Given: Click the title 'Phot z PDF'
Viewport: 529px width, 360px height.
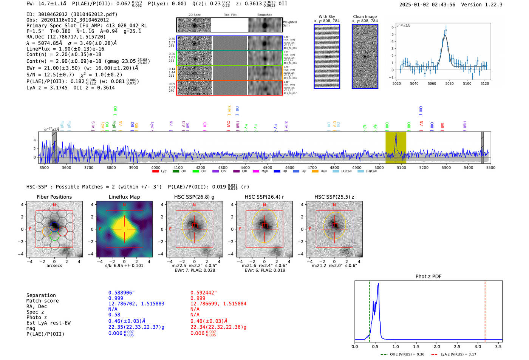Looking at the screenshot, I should (428, 277).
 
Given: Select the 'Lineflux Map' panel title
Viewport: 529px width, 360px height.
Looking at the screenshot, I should (124, 197).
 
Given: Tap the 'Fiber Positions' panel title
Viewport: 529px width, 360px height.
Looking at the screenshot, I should (54, 197).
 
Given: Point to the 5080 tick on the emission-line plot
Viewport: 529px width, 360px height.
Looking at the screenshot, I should (449, 83).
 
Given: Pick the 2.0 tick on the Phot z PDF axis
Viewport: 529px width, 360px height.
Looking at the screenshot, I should (437, 346).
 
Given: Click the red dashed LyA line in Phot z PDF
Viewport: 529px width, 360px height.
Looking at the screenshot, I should (485, 310).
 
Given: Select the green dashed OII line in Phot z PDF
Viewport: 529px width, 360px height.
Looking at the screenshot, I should (370, 310).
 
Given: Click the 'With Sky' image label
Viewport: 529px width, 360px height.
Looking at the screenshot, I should (327, 17).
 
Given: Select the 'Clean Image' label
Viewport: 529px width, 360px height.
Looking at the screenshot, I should (365, 17).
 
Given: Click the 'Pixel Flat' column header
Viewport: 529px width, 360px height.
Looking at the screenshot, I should (230, 15).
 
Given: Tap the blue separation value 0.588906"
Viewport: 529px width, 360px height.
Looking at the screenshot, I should (121, 293).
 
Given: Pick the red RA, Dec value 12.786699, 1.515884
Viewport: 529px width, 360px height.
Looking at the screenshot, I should (218, 304).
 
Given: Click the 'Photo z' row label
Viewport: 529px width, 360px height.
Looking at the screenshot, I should (37, 317).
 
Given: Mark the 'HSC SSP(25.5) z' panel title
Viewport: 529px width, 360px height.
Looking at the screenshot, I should (334, 197).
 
